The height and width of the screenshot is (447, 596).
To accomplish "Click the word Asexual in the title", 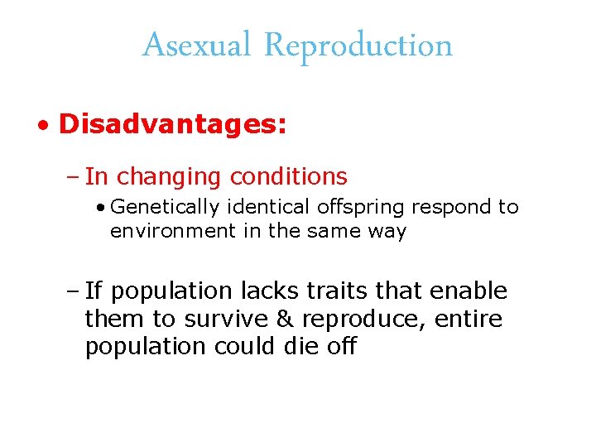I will click(195, 45).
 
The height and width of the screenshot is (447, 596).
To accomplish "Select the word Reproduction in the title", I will click(358, 45).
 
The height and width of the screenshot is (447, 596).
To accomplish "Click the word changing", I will click(170, 177).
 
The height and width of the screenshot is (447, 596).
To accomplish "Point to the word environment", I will click(173, 231).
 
